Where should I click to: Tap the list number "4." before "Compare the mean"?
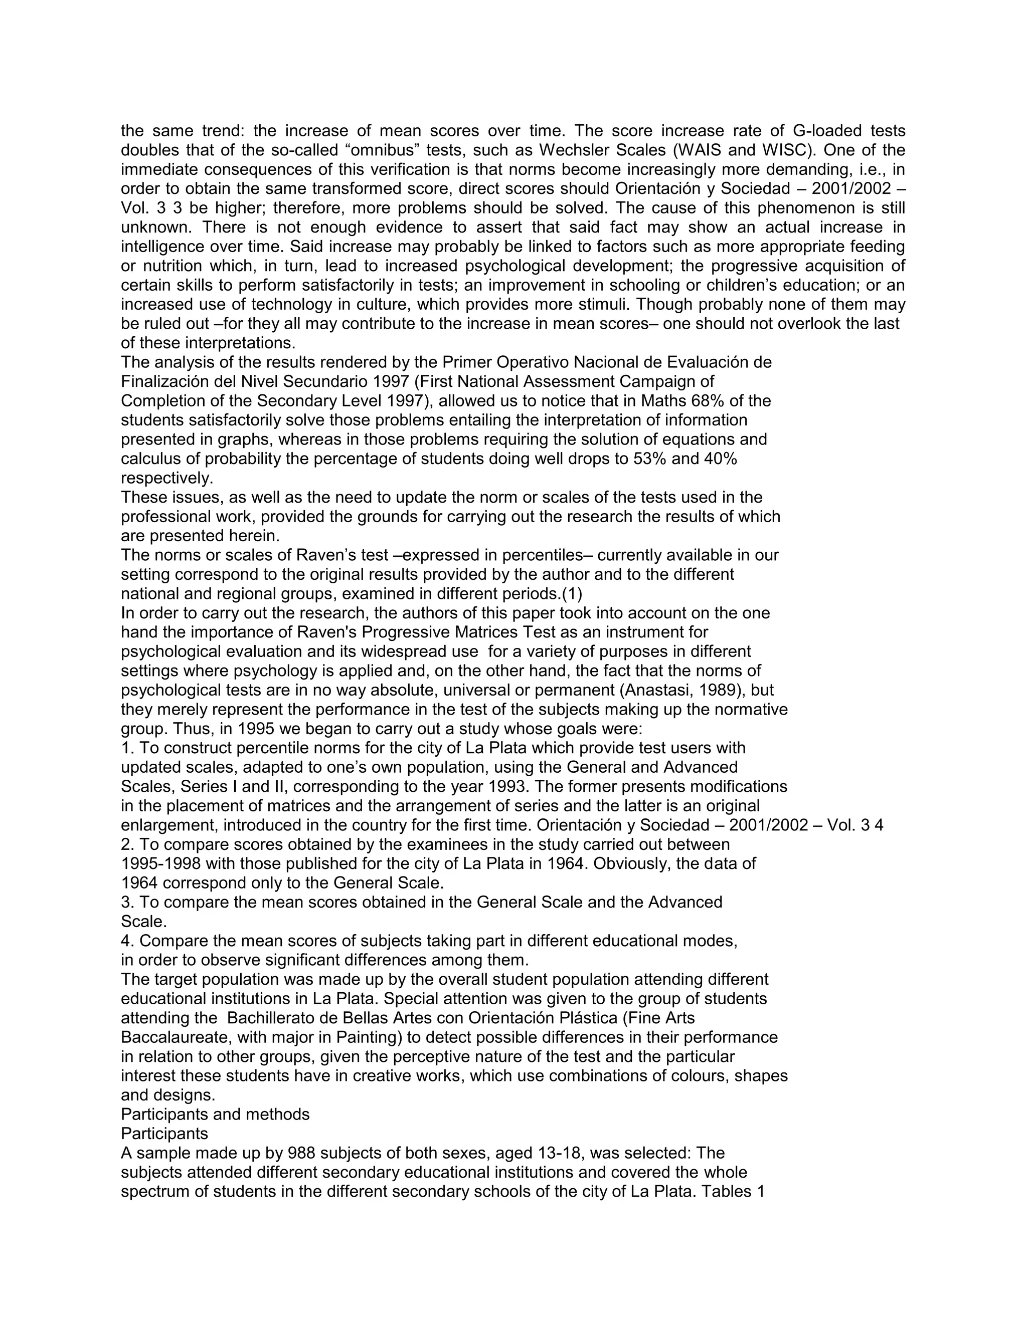pos(128,941)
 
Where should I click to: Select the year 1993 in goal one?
pos(508,787)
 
